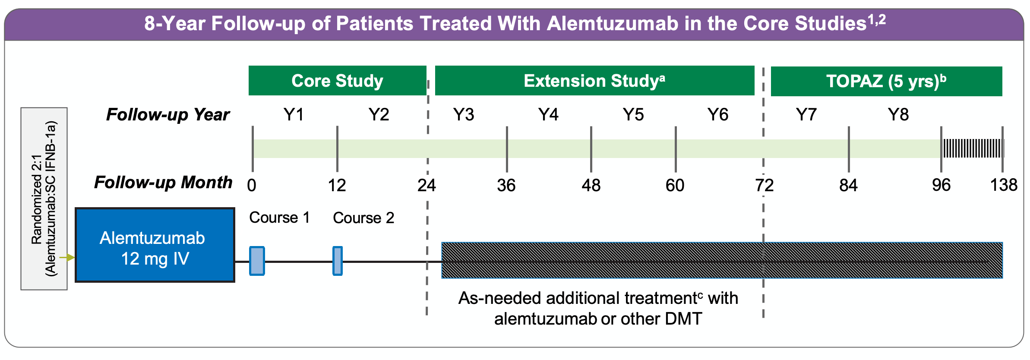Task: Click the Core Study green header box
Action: (337, 81)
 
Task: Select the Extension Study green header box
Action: (594, 81)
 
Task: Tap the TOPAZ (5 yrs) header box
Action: (886, 81)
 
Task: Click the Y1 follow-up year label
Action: (294, 115)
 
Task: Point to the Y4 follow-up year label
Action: (548, 115)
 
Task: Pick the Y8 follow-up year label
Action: (898, 115)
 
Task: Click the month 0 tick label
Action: (252, 186)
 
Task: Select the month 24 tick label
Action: (427, 186)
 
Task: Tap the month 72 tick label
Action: (764, 186)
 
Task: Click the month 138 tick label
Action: (1003, 186)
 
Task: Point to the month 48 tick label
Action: (591, 186)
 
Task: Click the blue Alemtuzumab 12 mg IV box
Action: (155, 245)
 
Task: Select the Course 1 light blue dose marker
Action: (257, 261)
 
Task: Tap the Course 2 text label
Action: (363, 218)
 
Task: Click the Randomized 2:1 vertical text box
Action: (44, 199)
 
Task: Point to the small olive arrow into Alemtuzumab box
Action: (67, 258)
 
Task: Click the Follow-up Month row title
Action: (163, 183)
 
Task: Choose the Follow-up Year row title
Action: (168, 115)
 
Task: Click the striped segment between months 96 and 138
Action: (972, 148)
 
